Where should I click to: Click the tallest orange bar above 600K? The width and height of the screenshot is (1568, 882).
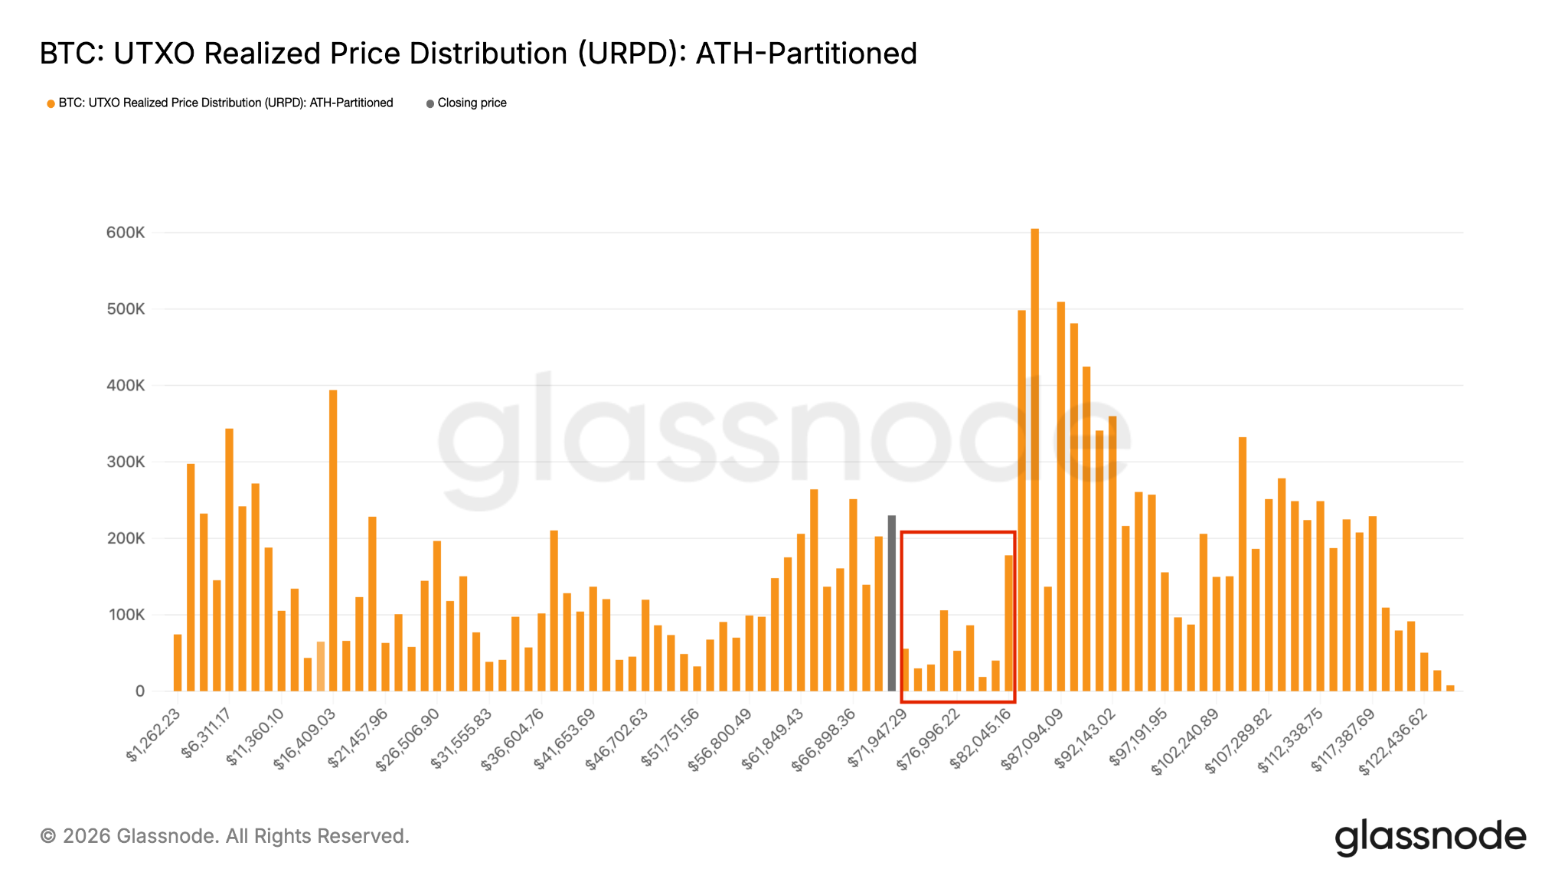[x=1034, y=459]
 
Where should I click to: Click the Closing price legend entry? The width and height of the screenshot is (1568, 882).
[x=472, y=103]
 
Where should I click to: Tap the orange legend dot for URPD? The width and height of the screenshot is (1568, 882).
[x=51, y=103]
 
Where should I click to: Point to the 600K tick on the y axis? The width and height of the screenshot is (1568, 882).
[x=126, y=233]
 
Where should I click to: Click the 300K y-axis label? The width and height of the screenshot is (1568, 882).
[x=126, y=462]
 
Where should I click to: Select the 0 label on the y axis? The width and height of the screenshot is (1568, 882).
[x=139, y=691]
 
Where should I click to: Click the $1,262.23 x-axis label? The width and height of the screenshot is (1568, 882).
[x=154, y=735]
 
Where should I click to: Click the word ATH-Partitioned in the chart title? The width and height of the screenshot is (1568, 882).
[x=805, y=54]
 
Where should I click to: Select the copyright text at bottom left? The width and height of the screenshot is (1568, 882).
[x=224, y=836]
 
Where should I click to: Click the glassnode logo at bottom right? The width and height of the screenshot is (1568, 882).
[x=1430, y=837]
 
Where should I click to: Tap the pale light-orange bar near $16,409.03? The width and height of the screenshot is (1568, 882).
[x=320, y=666]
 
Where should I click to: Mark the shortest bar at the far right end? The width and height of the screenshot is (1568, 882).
[x=1450, y=688]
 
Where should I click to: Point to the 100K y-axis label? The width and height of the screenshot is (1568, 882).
[x=126, y=615]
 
